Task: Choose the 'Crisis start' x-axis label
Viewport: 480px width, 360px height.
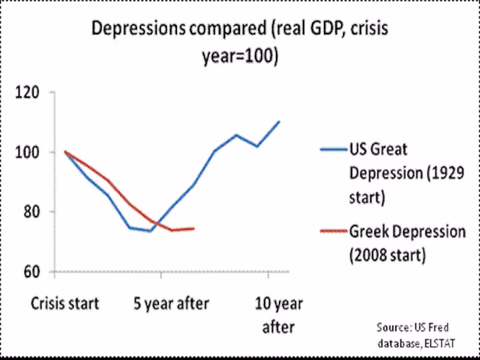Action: point(65,304)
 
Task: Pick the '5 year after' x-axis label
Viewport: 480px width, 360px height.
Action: point(171,304)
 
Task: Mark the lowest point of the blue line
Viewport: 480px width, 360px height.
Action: point(150,231)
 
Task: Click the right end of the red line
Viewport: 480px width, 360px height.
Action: point(193,228)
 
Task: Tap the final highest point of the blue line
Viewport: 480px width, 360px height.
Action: point(279,121)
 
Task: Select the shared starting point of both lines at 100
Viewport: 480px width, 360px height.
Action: point(65,152)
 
